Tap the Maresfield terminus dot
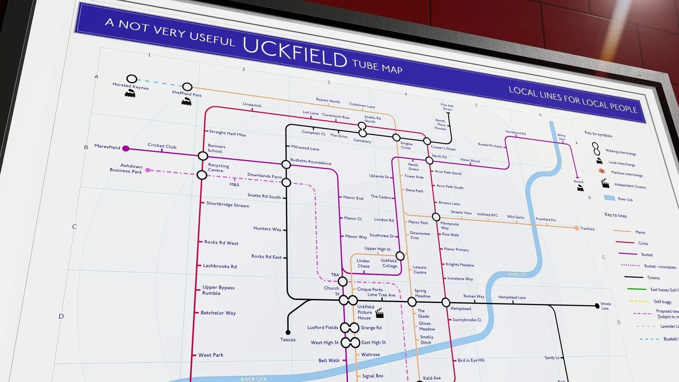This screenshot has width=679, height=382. pyautogui.click(x=126, y=149)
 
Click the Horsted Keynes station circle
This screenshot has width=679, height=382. pyautogui.click(x=132, y=79)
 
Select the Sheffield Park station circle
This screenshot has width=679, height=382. pyautogui.click(x=187, y=87)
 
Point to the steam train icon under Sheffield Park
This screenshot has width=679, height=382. pyautogui.click(x=186, y=102)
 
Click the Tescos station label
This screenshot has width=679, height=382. pyautogui.click(x=288, y=340)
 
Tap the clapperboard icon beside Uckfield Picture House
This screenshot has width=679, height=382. pyautogui.click(x=379, y=313)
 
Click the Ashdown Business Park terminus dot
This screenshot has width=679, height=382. pyautogui.click(x=148, y=170)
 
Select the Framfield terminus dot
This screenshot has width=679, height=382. pyautogui.click(x=577, y=228)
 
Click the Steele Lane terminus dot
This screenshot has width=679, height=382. pyautogui.click(x=597, y=306)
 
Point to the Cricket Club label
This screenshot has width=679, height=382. pyautogui.click(x=162, y=146)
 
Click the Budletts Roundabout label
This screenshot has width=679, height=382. pyautogui.click(x=311, y=162)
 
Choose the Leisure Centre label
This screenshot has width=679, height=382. pyautogui.click(x=419, y=270)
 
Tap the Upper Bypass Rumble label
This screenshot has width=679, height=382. pyautogui.click(x=218, y=290)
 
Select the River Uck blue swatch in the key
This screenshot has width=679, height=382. pyautogui.click(x=609, y=198)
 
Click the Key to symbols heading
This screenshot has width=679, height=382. pyautogui.click(x=598, y=134)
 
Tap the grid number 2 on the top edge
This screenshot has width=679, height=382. pyautogui.click(x=244, y=69)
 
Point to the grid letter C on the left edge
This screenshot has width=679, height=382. pyautogui.click(x=74, y=227)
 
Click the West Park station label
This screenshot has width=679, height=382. pyautogui.click(x=211, y=355)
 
